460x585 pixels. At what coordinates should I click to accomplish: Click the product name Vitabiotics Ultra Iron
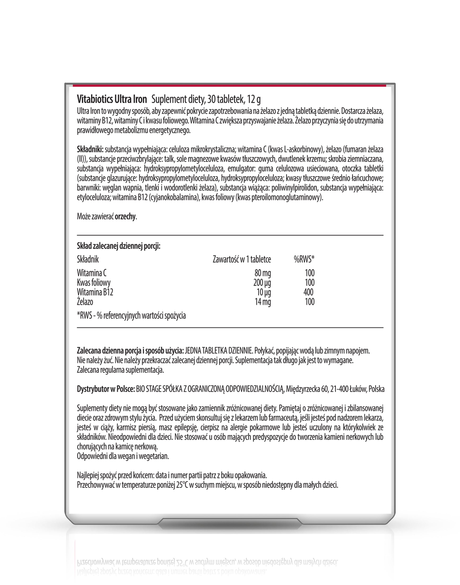112,100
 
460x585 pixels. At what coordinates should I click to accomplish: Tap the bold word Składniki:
90,149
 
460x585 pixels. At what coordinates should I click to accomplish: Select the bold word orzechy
125,217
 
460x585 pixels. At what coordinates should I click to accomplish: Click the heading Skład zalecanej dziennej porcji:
118,246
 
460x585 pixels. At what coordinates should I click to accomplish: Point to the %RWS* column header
304,259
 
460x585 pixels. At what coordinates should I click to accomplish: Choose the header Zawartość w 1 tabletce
242,259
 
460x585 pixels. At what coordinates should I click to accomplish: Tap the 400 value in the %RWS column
308,292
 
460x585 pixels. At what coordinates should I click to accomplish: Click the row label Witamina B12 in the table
95,292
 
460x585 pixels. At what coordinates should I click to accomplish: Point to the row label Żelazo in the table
85,302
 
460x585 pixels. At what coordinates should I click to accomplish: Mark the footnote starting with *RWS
131,316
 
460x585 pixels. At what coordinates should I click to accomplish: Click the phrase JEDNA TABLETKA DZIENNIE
218,351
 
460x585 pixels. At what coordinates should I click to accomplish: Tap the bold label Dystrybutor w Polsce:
106,389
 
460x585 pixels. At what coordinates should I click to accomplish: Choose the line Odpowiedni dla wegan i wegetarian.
123,457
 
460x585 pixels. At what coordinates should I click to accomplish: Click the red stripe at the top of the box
230,86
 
